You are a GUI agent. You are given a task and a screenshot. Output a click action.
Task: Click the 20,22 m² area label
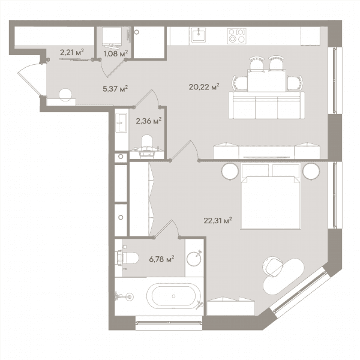tap(204, 87)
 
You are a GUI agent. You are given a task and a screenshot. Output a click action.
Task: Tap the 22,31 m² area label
tap(218, 221)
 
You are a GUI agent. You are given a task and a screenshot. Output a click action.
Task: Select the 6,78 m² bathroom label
tap(161, 259)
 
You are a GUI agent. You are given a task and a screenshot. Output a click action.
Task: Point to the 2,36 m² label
tap(149, 121)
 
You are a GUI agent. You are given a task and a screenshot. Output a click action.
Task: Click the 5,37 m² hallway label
tap(115, 89)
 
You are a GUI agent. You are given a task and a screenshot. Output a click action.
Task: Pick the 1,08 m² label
tap(115, 54)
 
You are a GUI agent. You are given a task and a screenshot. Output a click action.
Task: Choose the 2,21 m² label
tap(72, 52)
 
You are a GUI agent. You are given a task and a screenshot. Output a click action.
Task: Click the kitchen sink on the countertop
tap(199, 35)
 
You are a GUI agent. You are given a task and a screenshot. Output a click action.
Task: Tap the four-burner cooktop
tap(237, 36)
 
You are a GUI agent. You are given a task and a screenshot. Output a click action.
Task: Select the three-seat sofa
tap(266, 106)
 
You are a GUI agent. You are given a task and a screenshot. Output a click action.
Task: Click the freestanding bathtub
tap(173, 296)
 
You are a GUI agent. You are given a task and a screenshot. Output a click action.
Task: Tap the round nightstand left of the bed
tap(230, 172)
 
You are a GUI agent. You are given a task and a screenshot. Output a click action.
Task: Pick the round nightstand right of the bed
tap(311, 172)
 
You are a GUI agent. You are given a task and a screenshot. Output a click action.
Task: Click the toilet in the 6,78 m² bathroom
tap(128, 258)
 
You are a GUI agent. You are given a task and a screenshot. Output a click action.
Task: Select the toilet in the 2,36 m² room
tap(147, 145)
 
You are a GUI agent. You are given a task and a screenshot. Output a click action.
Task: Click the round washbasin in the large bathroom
tap(194, 259)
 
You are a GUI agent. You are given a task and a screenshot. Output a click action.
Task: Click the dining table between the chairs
tap(267, 80)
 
